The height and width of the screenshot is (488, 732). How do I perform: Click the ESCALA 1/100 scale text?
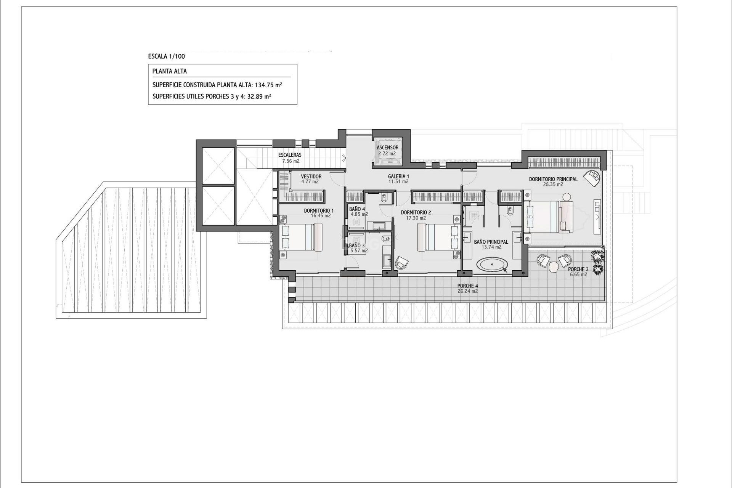point(166,56)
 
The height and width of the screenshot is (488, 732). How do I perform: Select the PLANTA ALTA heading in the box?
point(169,71)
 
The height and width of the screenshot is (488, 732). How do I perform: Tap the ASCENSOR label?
point(387,148)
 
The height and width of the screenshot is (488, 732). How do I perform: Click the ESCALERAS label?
point(290,155)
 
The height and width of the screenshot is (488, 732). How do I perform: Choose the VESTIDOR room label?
point(311,177)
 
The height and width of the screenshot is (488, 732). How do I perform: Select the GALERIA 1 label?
point(398,177)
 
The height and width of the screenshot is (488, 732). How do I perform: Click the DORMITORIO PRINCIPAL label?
point(553,179)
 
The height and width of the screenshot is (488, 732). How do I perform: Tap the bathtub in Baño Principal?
point(493,264)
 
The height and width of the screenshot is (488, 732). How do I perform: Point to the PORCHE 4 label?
point(467,286)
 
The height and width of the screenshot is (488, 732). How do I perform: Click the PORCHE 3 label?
point(578,269)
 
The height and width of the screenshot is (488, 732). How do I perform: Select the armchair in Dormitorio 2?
point(401,263)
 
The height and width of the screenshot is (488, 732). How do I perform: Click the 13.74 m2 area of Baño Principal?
point(491,247)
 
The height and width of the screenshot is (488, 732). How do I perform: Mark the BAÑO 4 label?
point(357,209)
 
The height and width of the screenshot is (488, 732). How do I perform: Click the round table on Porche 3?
point(553,268)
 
